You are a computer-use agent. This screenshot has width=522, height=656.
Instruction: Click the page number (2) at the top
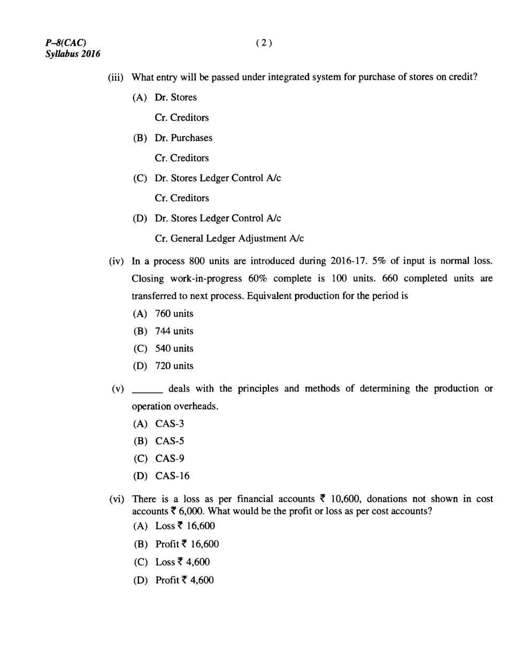pyautogui.click(x=264, y=43)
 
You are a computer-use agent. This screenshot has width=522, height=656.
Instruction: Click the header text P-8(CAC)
pyautogui.click(x=66, y=43)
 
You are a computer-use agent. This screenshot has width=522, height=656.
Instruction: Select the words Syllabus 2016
pyautogui.click(x=73, y=54)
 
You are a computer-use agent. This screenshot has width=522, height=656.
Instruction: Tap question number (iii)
pyautogui.click(x=116, y=77)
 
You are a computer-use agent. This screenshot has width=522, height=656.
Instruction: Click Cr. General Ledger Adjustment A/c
pyautogui.click(x=229, y=238)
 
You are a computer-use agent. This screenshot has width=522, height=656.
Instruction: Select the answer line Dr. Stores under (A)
pyautogui.click(x=175, y=97)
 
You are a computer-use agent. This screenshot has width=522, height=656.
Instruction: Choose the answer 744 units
pyautogui.click(x=174, y=331)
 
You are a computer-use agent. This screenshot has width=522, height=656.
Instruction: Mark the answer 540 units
pyautogui.click(x=174, y=348)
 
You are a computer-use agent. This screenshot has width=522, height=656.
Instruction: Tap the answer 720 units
pyautogui.click(x=174, y=366)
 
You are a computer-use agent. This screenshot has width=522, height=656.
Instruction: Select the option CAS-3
pyautogui.click(x=170, y=424)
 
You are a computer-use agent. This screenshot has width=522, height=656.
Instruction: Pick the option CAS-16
pyautogui.click(x=172, y=476)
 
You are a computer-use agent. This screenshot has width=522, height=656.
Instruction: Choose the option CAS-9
pyautogui.click(x=170, y=459)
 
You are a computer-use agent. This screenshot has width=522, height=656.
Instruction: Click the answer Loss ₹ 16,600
pyautogui.click(x=185, y=526)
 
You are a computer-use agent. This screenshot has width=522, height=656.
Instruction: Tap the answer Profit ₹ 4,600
pyautogui.click(x=185, y=579)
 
